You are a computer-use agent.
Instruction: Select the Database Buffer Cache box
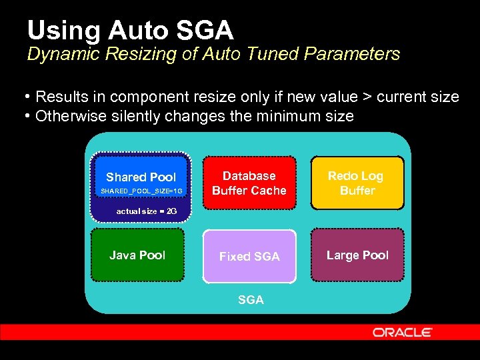(x=249, y=183)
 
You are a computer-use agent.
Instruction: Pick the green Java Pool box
(x=137, y=255)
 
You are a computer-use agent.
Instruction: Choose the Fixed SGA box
(x=249, y=257)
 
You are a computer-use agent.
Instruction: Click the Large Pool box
(x=357, y=255)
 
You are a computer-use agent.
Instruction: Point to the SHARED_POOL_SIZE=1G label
(x=141, y=191)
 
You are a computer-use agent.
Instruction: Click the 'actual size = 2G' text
(x=147, y=211)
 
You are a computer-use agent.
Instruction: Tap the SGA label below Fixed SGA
(x=251, y=300)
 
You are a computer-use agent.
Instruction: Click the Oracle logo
(x=403, y=332)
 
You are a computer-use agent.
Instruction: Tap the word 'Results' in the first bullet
(x=63, y=97)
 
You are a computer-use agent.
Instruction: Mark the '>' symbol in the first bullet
(x=366, y=97)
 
